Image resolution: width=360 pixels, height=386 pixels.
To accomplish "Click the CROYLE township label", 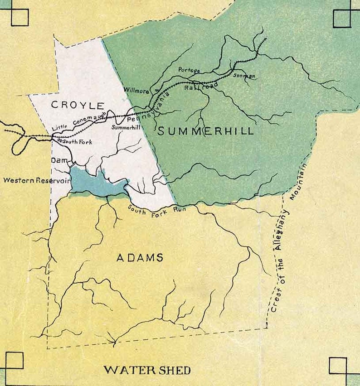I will [78, 105].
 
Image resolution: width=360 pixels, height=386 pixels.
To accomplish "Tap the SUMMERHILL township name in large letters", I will [205, 132].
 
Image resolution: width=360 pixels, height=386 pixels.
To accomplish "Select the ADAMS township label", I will [140, 258].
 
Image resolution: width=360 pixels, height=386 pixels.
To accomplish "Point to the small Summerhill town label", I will [125, 128].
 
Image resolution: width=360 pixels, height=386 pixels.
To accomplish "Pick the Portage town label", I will [189, 70].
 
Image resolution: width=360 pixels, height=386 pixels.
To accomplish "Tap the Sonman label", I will [244, 76].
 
